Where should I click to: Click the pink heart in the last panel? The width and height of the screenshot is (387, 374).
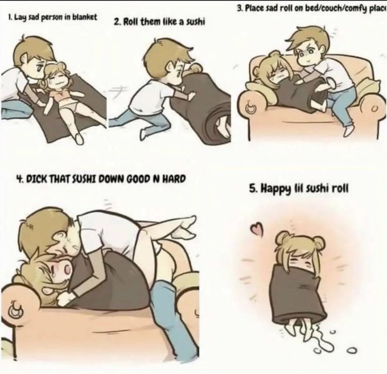click(255, 229)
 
